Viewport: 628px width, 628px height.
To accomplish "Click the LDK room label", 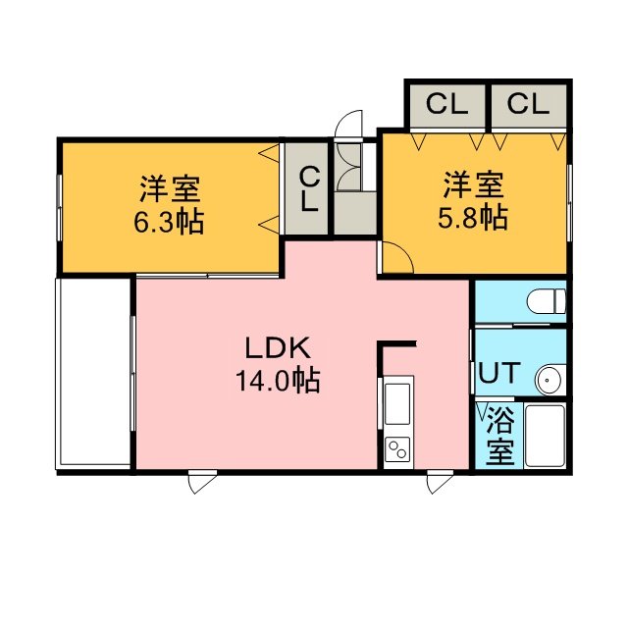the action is [x=277, y=348].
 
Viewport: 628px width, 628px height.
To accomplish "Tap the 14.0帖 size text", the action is [x=277, y=380].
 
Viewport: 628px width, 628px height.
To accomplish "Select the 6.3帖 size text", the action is [x=169, y=222].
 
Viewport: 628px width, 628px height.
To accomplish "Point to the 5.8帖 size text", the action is [x=473, y=218].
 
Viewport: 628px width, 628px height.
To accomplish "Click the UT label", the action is [x=499, y=373].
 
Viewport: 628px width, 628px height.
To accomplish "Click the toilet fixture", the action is [x=546, y=301].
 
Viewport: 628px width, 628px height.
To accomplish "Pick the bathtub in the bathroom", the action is [x=545, y=436].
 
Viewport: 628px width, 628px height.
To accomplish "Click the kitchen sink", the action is [x=396, y=403].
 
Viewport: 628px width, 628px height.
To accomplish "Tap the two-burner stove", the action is [x=397, y=448].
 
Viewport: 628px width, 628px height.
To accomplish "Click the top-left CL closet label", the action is [x=447, y=104].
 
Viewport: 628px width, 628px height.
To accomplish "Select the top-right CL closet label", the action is [x=528, y=104].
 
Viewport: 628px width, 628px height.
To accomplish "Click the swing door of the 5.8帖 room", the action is [x=397, y=258].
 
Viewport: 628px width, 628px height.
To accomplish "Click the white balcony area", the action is [x=95, y=372].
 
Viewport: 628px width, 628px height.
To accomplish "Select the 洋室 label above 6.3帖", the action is [x=170, y=188].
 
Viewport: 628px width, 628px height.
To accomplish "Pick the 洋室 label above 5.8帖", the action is [x=473, y=184].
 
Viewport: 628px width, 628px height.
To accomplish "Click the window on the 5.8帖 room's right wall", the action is [x=569, y=202].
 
